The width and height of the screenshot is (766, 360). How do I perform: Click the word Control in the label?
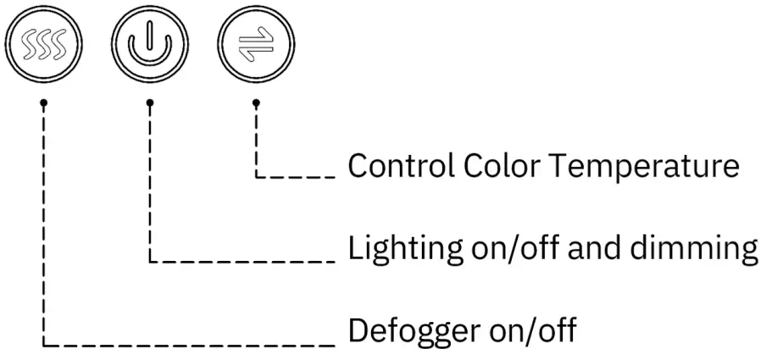click(401, 165)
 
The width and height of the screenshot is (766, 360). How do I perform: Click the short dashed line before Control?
click(297, 177)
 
